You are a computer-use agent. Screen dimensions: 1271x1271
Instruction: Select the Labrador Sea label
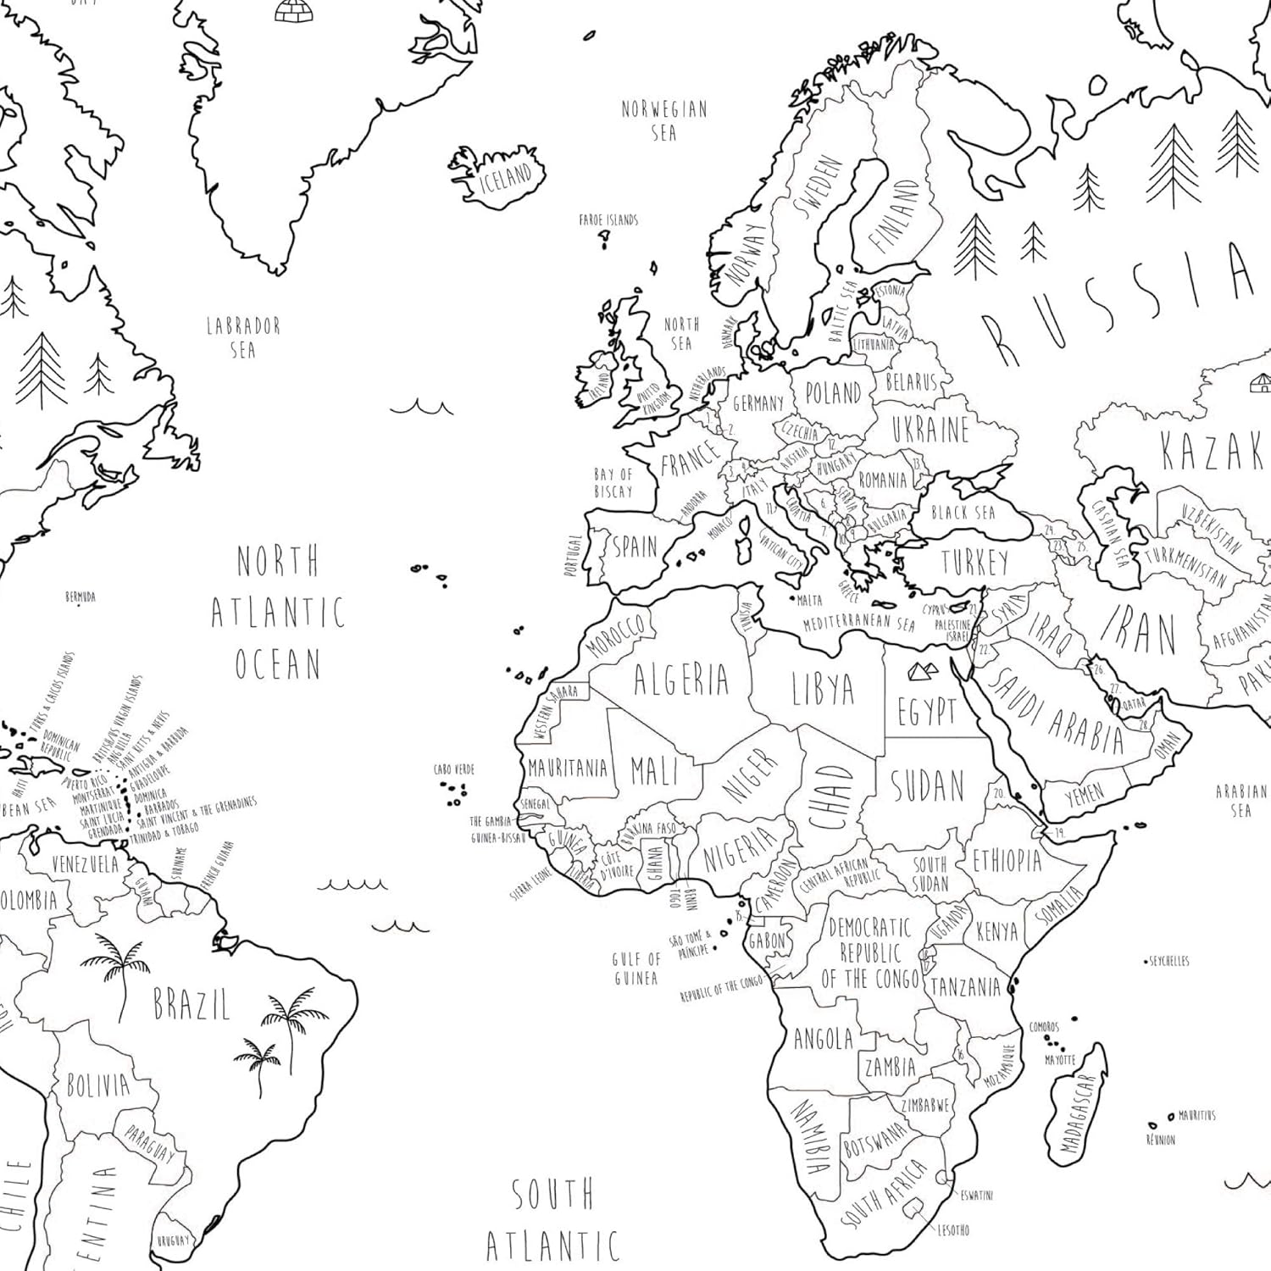pos(243,336)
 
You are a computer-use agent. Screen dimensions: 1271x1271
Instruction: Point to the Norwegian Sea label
pos(664,120)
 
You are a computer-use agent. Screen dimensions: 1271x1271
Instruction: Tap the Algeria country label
pos(681,680)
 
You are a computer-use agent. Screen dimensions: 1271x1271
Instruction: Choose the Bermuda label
pos(80,597)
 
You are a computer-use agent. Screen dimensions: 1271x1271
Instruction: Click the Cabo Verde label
pos(454,769)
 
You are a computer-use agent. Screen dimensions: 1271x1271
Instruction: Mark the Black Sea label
pos(963,513)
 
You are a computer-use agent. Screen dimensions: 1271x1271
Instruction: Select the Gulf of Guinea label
pos(636,969)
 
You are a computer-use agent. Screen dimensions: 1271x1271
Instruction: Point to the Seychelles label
pos(1169,961)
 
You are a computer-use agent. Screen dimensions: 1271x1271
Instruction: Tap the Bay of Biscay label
pos(613,483)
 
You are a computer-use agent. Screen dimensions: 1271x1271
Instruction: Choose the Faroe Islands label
pos(608,220)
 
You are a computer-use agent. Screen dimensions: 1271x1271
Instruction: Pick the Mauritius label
pos(1196,1116)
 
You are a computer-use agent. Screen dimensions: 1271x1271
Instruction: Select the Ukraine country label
pos(930,430)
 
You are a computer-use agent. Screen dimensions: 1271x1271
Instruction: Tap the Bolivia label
pos(98,1085)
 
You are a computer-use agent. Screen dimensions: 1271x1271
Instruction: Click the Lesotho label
pos(953,1229)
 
